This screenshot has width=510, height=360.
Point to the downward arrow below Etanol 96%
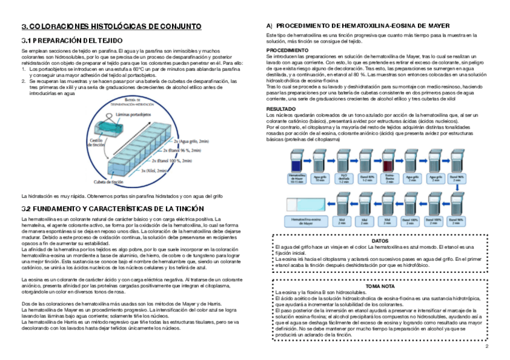[x=457, y=188]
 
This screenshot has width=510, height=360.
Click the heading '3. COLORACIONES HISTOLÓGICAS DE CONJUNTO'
[x=111, y=26]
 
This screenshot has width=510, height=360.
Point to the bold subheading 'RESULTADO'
[x=281, y=108]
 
